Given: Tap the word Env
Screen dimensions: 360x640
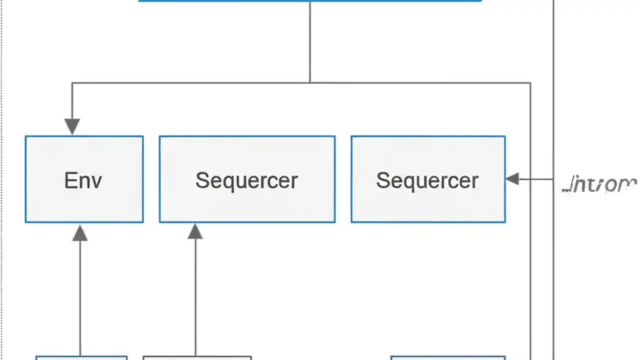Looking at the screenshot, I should pyautogui.click(x=83, y=180).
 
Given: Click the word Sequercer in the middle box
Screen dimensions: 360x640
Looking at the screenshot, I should pyautogui.click(x=246, y=180).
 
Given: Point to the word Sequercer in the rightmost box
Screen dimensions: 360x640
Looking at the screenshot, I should pyautogui.click(x=427, y=180).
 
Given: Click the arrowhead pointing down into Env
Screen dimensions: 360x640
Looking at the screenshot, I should pyautogui.click(x=72, y=126).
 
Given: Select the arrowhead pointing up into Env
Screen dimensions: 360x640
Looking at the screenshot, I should pyautogui.click(x=80, y=233).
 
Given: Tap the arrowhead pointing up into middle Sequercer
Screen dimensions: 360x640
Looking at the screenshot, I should pyautogui.click(x=195, y=231).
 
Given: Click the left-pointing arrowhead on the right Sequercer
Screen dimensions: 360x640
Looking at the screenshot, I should pyautogui.click(x=512, y=178).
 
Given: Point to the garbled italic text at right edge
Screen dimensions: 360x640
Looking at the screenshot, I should pyautogui.click(x=599, y=185).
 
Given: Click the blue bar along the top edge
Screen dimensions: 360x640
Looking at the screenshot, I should pyautogui.click(x=310, y=1).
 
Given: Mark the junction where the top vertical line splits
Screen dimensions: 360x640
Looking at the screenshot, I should pyautogui.click(x=310, y=82).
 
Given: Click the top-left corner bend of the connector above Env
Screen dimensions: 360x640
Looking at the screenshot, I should pyautogui.click(x=72, y=83).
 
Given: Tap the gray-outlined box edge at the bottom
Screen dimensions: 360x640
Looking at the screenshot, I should pyautogui.click(x=197, y=357).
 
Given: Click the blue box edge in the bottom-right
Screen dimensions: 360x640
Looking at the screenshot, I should pyautogui.click(x=447, y=357).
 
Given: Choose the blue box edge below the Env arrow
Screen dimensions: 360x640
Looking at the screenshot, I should pyautogui.click(x=81, y=357).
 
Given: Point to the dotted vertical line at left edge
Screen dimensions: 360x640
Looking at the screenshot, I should pyautogui.click(x=2, y=180).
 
